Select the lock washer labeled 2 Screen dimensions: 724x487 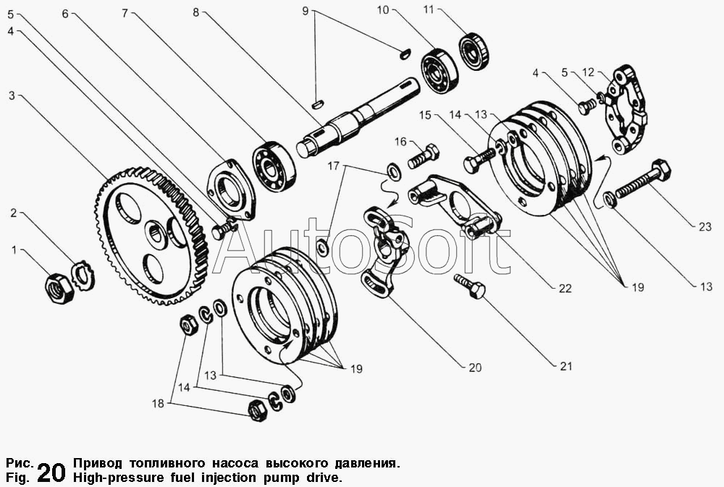(83, 276)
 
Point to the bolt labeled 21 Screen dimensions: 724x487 (469, 287)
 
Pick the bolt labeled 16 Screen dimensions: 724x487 (424, 157)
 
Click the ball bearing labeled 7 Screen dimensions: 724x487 (273, 165)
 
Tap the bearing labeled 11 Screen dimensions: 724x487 (474, 51)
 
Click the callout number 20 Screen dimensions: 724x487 (475, 368)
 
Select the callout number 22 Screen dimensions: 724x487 (565, 289)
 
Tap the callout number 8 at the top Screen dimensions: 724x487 (195, 12)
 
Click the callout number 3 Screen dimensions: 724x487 (12, 96)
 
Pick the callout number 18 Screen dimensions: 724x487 (158, 404)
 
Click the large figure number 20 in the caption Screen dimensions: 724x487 (51, 472)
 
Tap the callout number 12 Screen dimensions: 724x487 (588, 72)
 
